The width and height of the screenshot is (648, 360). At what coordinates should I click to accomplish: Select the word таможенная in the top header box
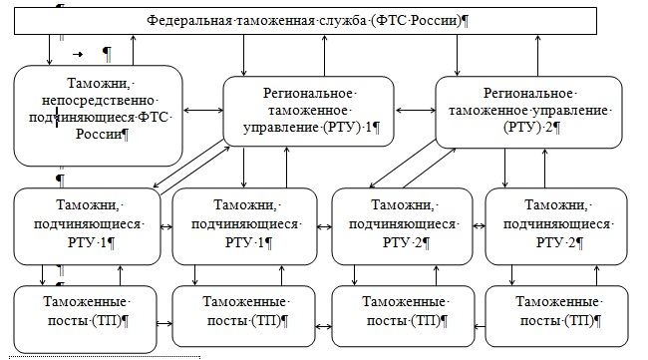(264, 21)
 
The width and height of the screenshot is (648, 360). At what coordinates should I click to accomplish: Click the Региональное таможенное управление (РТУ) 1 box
(308, 111)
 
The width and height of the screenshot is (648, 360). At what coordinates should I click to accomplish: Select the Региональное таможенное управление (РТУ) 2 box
(524, 111)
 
